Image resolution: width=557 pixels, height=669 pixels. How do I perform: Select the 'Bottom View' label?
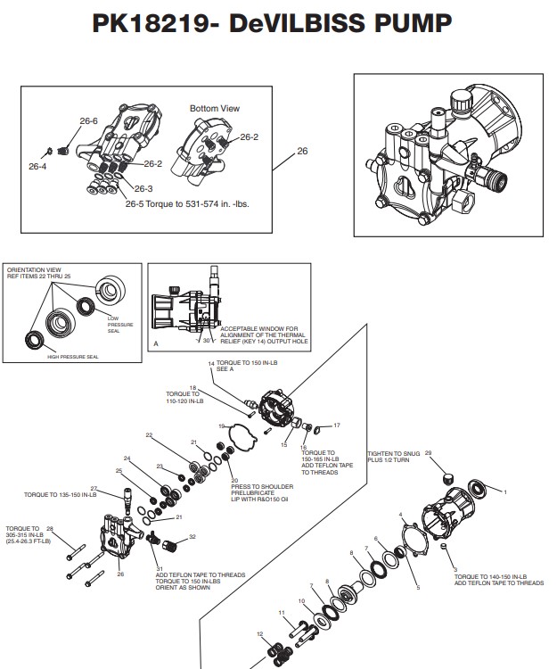tap(215, 108)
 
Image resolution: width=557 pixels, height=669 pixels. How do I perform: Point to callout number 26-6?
tap(88, 120)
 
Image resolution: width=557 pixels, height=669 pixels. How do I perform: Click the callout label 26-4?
tap(37, 166)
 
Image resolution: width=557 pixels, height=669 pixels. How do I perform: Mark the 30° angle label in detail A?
tap(207, 340)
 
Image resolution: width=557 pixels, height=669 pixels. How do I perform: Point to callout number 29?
tap(429, 453)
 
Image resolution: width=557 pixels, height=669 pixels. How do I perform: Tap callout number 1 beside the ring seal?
tap(505, 491)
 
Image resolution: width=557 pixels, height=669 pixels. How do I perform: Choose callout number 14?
tap(211, 365)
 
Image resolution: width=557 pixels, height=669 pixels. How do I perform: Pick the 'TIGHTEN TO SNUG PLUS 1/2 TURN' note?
tap(393, 458)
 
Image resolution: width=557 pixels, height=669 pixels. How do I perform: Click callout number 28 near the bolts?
tap(50, 528)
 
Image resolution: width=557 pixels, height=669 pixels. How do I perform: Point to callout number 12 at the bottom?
tap(259, 634)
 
